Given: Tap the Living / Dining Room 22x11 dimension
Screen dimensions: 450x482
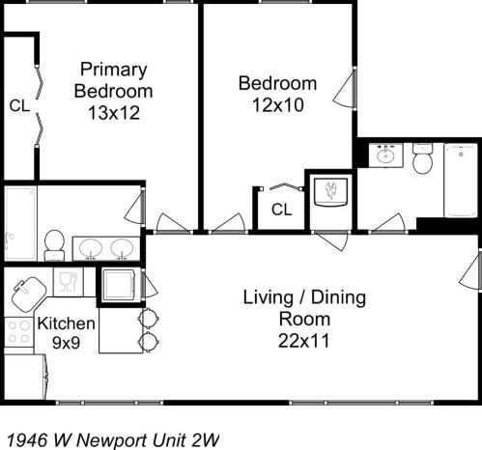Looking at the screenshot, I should pos(304,340).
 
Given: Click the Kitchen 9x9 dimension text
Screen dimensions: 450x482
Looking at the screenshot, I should pos(67,343).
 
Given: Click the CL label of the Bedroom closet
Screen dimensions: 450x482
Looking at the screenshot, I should pos(281,209).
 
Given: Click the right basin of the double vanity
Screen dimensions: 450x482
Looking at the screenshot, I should pos(122,249).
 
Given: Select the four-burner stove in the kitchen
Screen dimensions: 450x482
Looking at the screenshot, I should pos(18,332).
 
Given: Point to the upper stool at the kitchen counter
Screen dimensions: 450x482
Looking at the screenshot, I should pos(148,318).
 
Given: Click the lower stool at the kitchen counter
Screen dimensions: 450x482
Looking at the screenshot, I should pos(148,340).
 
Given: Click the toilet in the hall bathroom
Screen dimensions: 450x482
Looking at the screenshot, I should pos(422,159).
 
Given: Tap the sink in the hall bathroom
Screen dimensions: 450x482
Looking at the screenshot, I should pos(387,155).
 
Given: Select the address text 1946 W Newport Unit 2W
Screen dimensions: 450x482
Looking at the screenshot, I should pos(112,438).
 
